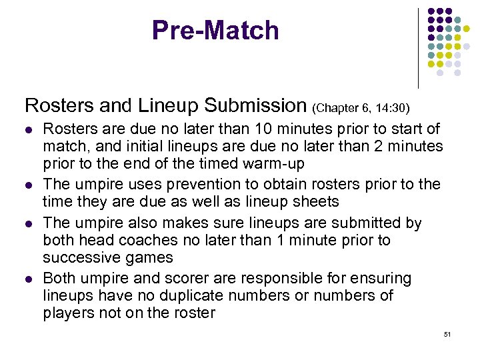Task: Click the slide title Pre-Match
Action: point(215,31)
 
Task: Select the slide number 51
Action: point(447,333)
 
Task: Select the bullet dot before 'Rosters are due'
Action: point(28,129)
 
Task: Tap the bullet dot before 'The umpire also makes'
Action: point(28,223)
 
